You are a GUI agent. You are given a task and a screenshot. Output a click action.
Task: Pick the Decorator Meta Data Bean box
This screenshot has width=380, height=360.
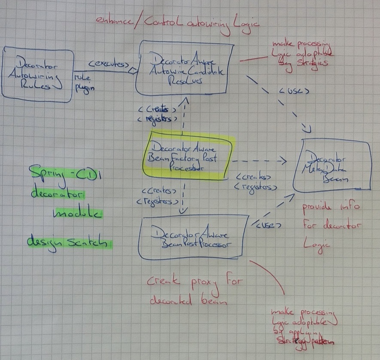331,165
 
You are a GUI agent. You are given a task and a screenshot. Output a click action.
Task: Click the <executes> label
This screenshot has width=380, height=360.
108,64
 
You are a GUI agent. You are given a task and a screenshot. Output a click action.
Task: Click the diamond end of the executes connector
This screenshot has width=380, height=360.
134,71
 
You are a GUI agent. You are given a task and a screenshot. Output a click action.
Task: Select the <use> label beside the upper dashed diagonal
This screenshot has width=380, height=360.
294,92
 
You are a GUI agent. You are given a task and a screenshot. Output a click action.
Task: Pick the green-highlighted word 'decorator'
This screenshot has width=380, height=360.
58,194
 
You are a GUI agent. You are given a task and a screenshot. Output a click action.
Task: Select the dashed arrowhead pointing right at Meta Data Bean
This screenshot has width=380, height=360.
283,161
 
